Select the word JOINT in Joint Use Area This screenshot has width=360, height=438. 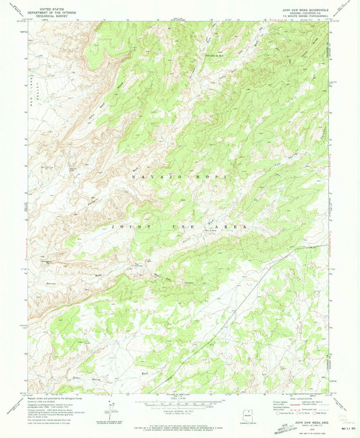pos(128,226)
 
